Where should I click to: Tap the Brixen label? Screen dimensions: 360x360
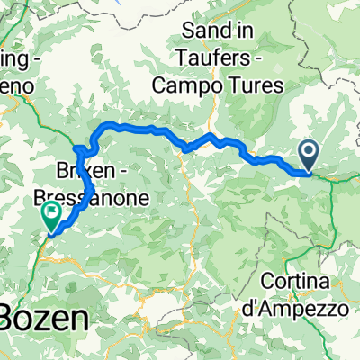(84, 171)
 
